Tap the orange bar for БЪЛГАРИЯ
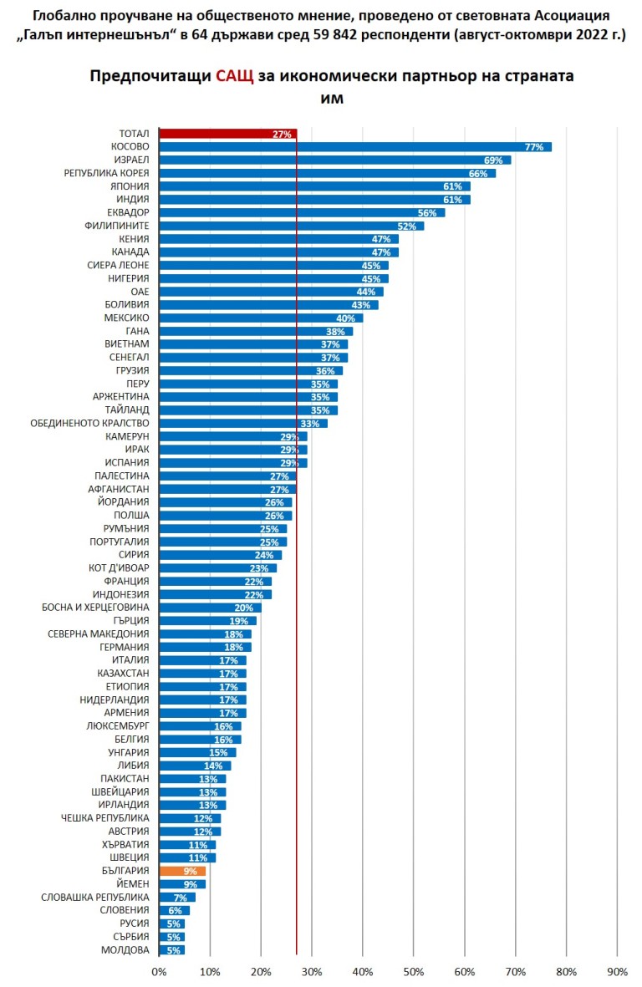tap(182, 871)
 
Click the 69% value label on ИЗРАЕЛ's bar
tap(493, 160)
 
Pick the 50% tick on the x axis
tap(413, 972)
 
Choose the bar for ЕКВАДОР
tap(302, 212)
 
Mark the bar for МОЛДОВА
tap(171, 950)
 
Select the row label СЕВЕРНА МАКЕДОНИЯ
tap(99, 633)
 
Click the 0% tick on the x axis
tap(159, 972)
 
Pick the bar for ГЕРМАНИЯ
tap(205, 647)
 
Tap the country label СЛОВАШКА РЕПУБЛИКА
tap(95, 898)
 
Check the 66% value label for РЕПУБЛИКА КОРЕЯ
tap(478, 173)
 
